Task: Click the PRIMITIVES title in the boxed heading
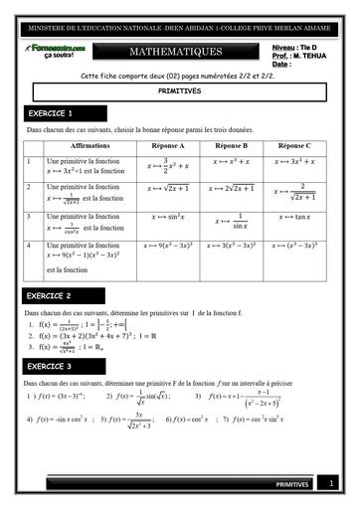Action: (179, 90)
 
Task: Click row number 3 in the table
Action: (30, 216)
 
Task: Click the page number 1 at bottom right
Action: (331, 483)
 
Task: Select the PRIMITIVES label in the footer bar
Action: (294, 484)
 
